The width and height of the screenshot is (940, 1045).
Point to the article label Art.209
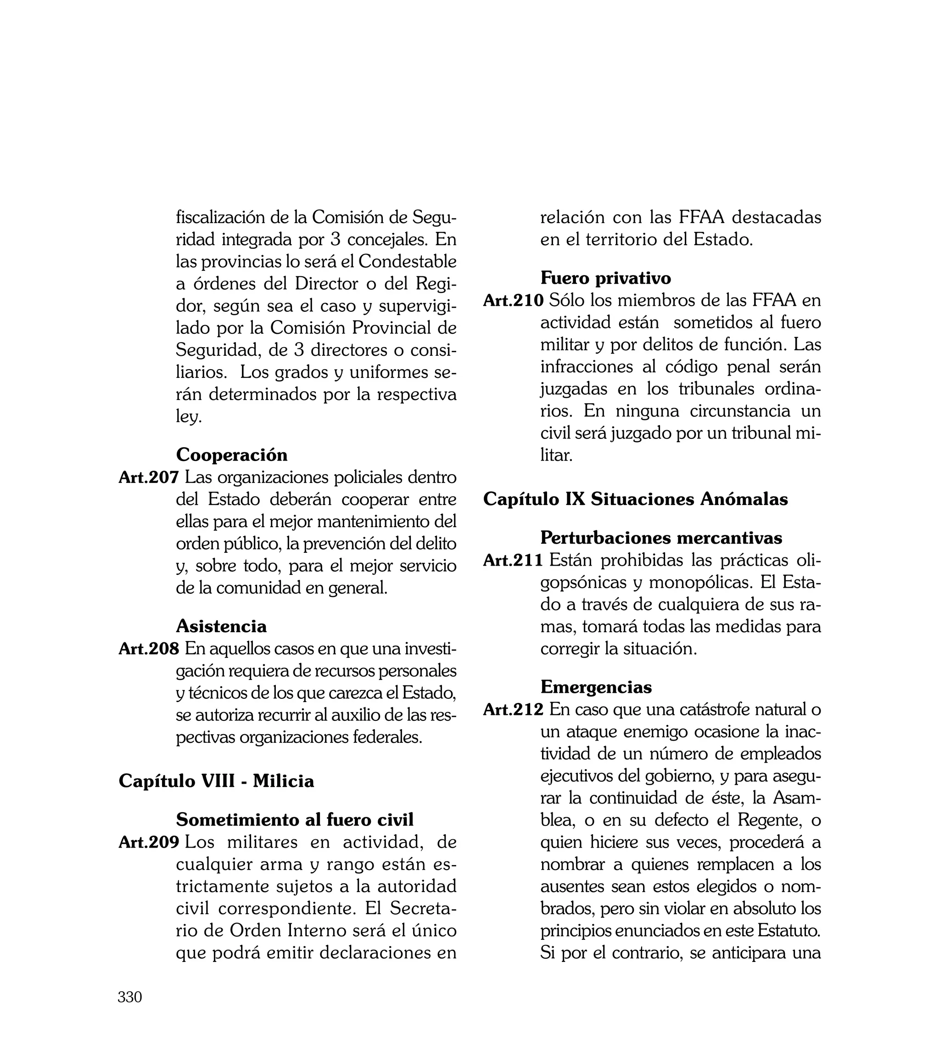[149, 842]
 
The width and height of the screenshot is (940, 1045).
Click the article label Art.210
[514, 300]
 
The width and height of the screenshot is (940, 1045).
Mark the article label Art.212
[514, 709]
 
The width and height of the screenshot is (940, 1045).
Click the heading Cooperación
[231, 455]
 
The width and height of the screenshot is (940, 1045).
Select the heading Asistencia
[221, 626]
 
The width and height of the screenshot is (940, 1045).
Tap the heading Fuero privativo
[605, 278]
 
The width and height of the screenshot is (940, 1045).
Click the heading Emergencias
[596, 687]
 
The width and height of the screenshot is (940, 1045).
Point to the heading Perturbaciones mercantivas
[661, 538]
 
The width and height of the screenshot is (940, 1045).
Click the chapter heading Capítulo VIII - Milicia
[216, 781]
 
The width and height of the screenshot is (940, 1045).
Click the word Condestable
[407, 261]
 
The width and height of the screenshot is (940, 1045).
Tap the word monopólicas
[701, 582]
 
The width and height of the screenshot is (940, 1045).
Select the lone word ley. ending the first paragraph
[188, 416]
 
